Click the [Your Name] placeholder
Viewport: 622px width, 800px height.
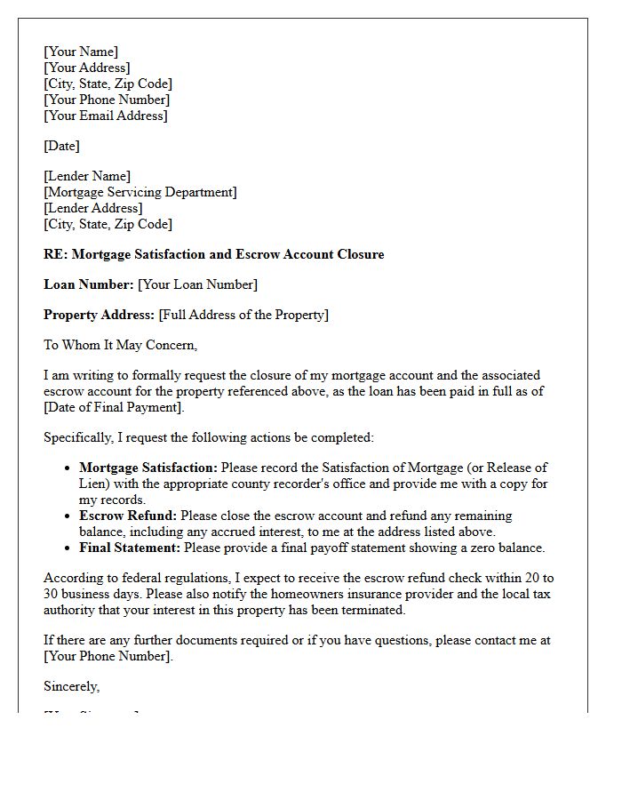pyautogui.click(x=81, y=52)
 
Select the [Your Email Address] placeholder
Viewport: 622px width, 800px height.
pyautogui.click(x=106, y=116)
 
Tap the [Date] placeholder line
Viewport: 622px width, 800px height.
pyautogui.click(x=61, y=146)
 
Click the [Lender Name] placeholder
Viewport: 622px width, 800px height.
pyautogui.click(x=87, y=176)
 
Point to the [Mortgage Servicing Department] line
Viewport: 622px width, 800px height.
pyautogui.click(x=140, y=192)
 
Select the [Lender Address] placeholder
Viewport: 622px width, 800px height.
pyautogui.click(x=92, y=208)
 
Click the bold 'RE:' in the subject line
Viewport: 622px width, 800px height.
pyautogui.click(x=55, y=254)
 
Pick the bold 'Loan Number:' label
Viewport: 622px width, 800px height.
pyautogui.click(x=89, y=284)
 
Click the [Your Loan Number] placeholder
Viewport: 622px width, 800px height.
pyautogui.click(x=197, y=284)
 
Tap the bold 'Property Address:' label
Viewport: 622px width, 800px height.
pyautogui.click(x=100, y=315)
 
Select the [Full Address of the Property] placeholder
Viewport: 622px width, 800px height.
pyautogui.click(x=243, y=315)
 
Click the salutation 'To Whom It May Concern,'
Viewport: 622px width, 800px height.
pyautogui.click(x=121, y=345)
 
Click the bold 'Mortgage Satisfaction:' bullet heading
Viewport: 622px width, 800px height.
pyautogui.click(x=148, y=468)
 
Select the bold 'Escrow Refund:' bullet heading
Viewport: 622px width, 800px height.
pyautogui.click(x=128, y=516)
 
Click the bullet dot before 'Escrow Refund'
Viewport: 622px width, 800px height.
pyautogui.click(x=68, y=516)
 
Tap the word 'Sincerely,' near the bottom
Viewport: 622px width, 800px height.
pyautogui.click(x=72, y=686)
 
